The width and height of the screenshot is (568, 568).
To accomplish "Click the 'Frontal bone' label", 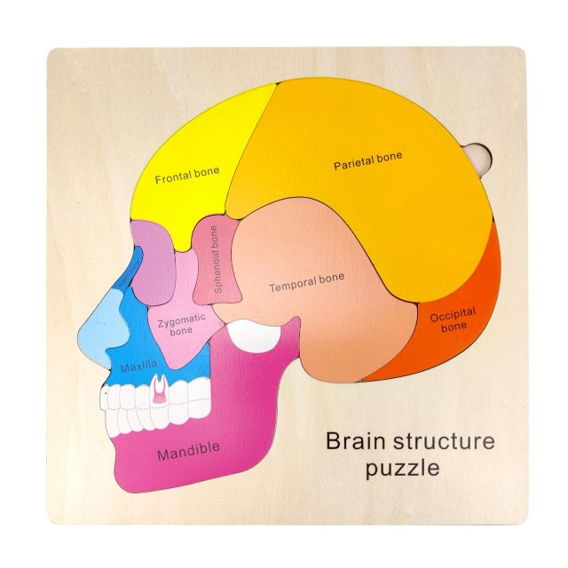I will click(187, 177).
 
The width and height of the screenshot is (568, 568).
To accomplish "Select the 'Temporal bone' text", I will click(306, 282).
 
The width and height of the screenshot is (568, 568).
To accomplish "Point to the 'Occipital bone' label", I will click(453, 319).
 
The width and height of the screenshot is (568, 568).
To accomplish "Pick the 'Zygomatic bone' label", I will click(181, 324).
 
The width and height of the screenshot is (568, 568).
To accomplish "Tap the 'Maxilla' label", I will click(139, 364).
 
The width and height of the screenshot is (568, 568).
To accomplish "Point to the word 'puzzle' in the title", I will click(402, 468).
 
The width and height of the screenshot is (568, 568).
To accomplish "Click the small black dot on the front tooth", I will click(106, 390).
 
